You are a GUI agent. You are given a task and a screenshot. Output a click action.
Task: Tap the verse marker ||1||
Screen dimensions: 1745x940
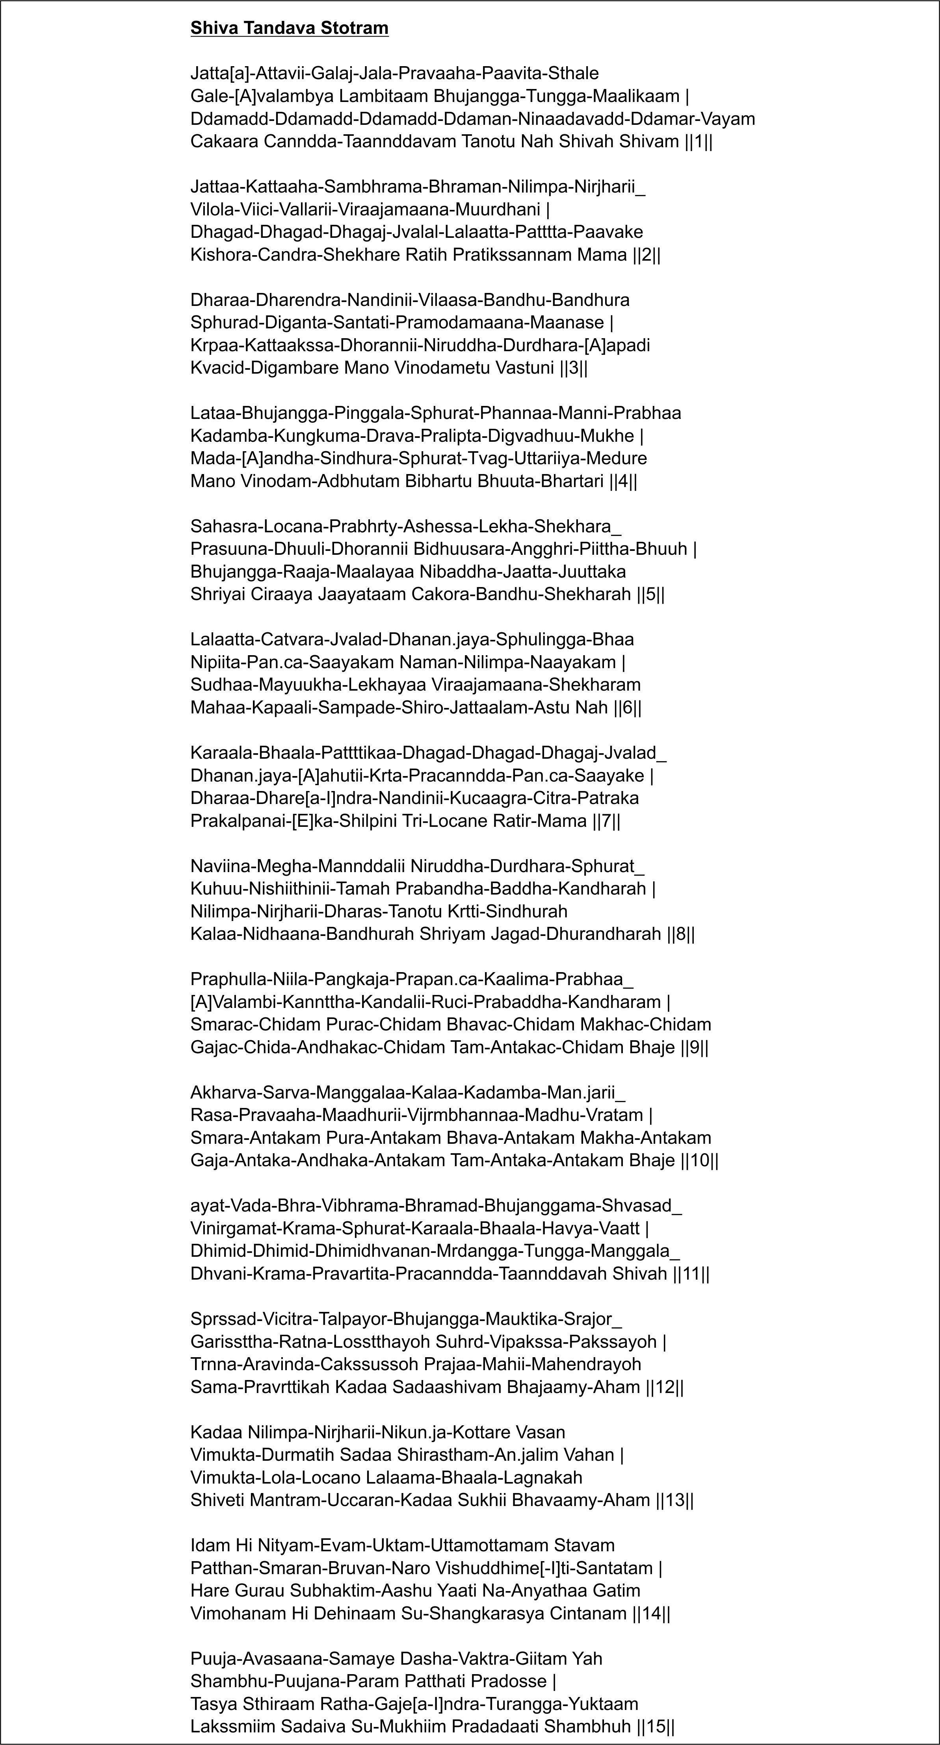699,142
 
